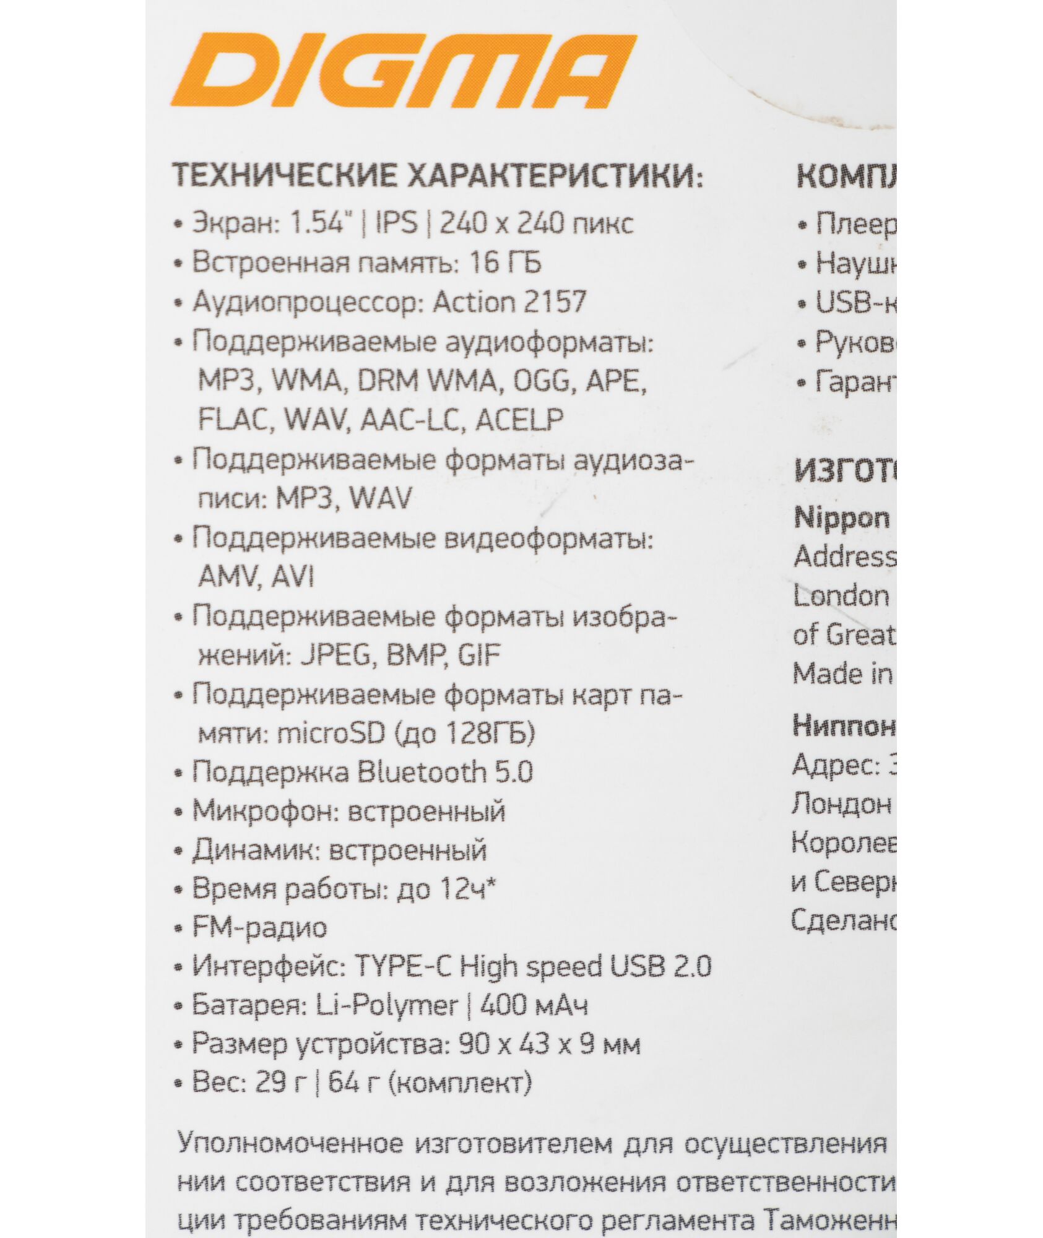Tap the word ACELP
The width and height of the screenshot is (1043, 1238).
[519, 420]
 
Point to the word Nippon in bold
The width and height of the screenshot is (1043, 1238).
[842, 519]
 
